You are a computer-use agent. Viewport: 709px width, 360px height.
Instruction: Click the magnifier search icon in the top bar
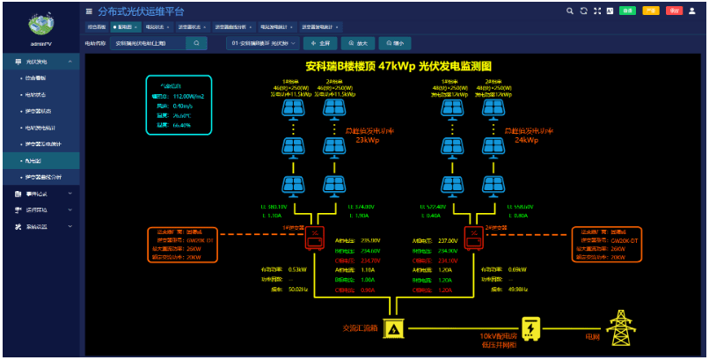coord(570,11)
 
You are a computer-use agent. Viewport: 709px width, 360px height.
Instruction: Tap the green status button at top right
coord(628,11)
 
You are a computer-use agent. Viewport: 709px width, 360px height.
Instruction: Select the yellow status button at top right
coord(651,11)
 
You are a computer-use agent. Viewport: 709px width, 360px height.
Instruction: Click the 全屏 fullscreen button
coord(320,42)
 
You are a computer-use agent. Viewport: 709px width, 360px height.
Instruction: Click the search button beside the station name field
coord(197,42)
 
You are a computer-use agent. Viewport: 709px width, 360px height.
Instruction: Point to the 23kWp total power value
coord(367,139)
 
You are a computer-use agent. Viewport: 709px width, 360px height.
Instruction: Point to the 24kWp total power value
coord(525,139)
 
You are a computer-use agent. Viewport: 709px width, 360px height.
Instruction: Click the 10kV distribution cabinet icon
coord(530,327)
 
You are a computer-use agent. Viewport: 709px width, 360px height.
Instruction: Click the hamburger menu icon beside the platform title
coord(89,11)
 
